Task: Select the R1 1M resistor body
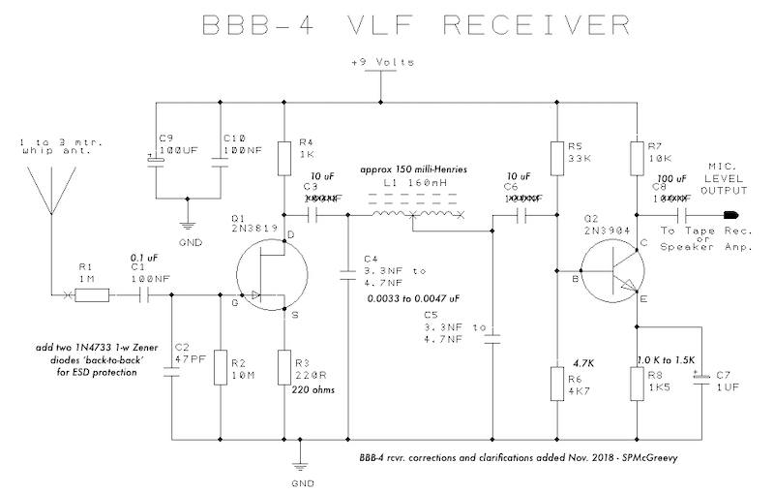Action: pyautogui.click(x=94, y=296)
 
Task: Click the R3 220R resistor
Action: pyautogui.click(x=283, y=369)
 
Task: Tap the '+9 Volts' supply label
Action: pyautogui.click(x=384, y=64)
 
